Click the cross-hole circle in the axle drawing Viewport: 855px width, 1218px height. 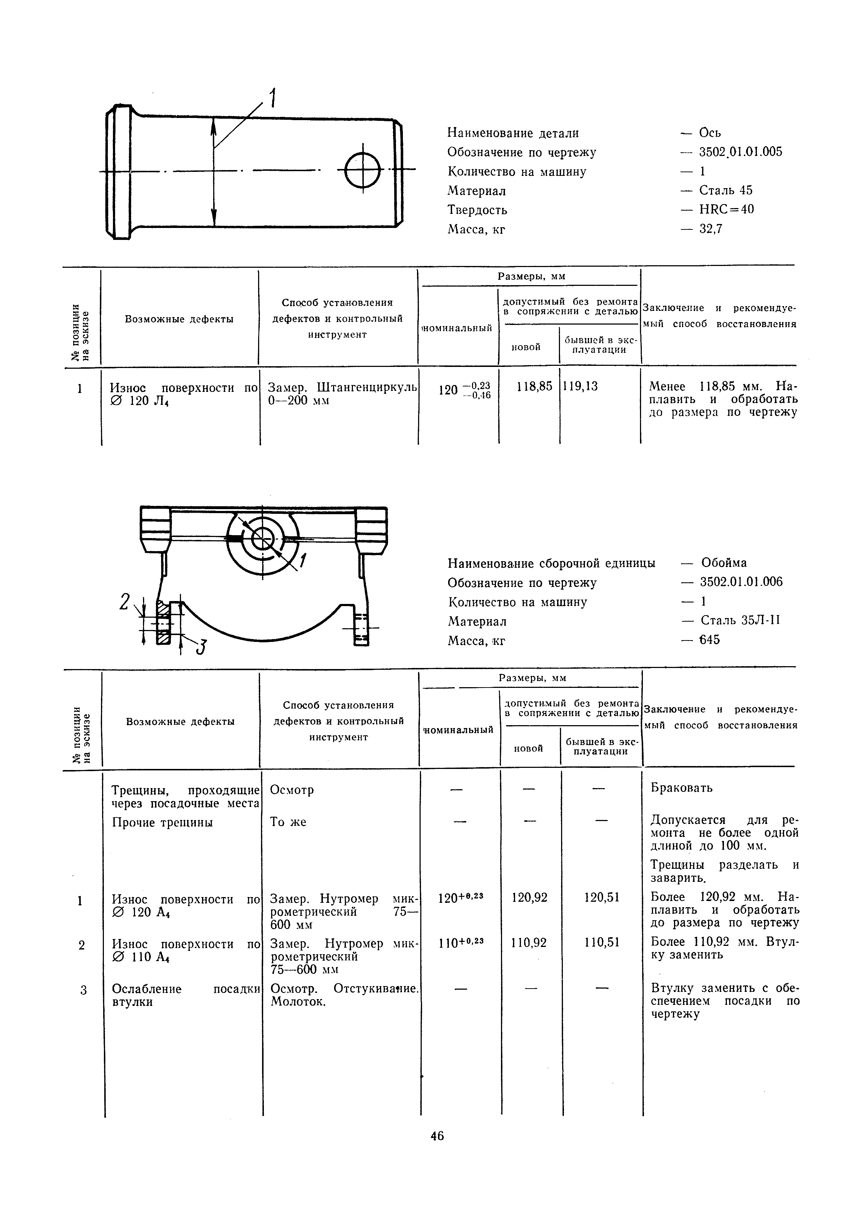pos(363,170)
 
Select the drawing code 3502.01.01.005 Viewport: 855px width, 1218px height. pos(740,152)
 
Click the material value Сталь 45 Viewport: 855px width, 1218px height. pos(725,190)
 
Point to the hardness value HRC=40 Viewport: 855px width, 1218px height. pos(726,210)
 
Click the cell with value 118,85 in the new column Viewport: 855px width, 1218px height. pos(534,386)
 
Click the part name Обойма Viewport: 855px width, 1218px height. pos(723,563)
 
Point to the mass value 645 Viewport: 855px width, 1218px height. pos(709,640)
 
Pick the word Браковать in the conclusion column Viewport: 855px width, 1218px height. pos(682,788)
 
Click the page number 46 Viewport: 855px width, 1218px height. pos(437,1136)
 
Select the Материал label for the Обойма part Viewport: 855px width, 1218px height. pos(477,621)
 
